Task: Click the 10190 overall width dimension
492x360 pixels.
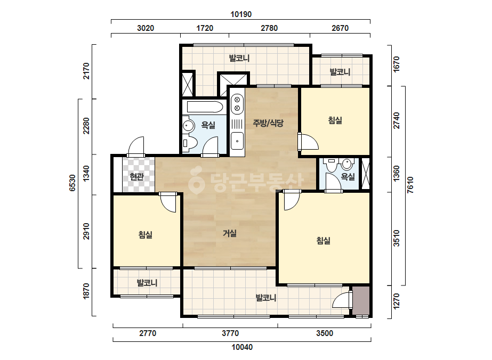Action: [x=241, y=14]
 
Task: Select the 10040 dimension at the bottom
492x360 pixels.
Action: [x=242, y=347]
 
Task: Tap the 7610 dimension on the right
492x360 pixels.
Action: [x=410, y=185]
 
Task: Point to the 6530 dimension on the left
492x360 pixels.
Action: [x=72, y=183]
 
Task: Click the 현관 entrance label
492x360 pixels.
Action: [x=137, y=177]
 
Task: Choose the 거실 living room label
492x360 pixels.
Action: [x=230, y=233]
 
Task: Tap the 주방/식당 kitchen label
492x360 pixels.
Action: [x=268, y=123]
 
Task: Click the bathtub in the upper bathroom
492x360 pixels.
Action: [x=205, y=107]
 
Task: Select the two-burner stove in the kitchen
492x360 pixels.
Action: [x=237, y=104]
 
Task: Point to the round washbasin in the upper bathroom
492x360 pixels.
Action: [x=188, y=126]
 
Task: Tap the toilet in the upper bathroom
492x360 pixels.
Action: [x=189, y=143]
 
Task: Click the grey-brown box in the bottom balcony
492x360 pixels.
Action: [x=360, y=300]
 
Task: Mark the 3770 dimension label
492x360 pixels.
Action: [x=230, y=333]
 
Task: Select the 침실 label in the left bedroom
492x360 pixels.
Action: [x=146, y=234]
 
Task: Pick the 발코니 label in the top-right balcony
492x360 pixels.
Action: [x=340, y=72]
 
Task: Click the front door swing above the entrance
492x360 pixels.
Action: [x=136, y=146]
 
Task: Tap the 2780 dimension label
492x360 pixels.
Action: [x=269, y=28]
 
